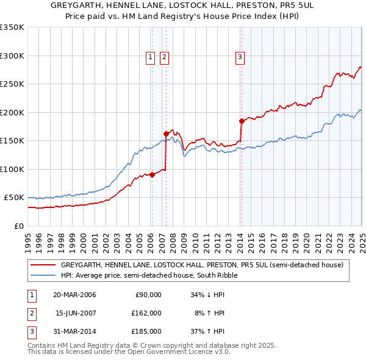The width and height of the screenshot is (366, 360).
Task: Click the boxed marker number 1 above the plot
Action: click(x=150, y=57)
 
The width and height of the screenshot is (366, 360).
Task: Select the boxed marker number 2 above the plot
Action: click(x=165, y=57)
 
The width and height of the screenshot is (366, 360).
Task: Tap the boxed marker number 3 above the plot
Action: click(x=240, y=57)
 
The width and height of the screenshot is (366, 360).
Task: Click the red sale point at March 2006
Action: click(x=152, y=175)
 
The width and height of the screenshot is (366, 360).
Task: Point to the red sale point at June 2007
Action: click(x=166, y=134)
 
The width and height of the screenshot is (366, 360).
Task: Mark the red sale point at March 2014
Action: click(x=242, y=121)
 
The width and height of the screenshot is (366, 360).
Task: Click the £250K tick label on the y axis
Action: click(x=12, y=84)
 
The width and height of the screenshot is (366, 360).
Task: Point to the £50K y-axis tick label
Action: click(x=14, y=198)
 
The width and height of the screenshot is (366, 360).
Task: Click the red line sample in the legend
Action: click(x=43, y=265)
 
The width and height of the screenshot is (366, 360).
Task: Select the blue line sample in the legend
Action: click(x=43, y=275)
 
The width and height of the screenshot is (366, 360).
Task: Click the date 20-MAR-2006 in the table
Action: click(x=74, y=295)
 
